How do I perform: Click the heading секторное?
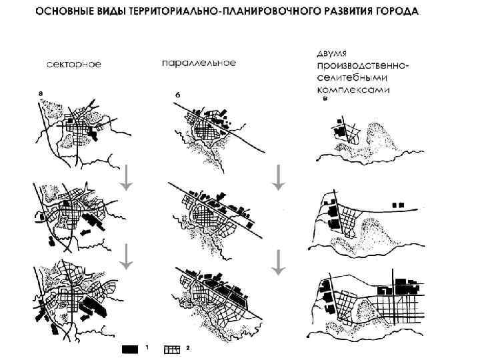click(x=74, y=65)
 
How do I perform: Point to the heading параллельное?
click(x=199, y=63)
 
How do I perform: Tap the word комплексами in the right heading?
click(x=354, y=89)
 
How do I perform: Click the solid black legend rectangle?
click(x=131, y=349)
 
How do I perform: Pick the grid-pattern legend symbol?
click(x=173, y=349)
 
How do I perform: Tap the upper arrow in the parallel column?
click(x=278, y=177)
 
